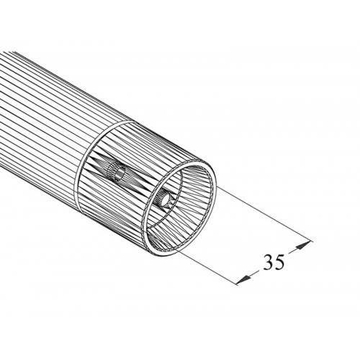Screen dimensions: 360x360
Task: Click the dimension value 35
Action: tap(274, 262)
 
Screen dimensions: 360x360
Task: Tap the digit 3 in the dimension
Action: tap(269, 262)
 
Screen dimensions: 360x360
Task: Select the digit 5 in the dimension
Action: tap(279, 262)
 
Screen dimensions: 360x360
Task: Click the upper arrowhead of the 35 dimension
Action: tap(303, 246)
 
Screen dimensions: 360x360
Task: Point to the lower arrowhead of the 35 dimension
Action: tap(243, 280)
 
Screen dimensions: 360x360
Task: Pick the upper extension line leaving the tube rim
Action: tap(264, 214)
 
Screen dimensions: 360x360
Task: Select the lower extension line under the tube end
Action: tap(207, 267)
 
